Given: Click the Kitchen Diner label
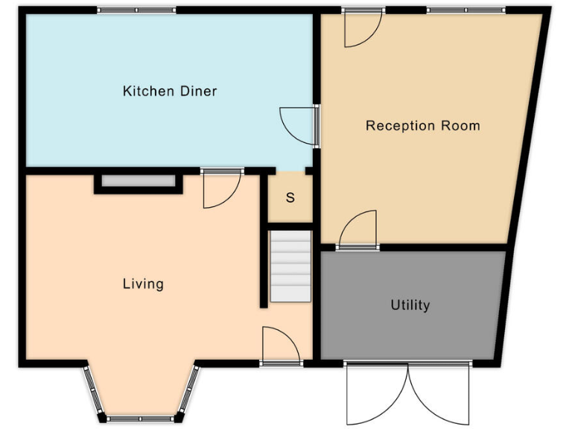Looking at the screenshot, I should tap(170, 92).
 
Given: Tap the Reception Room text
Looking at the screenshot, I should tap(422, 126).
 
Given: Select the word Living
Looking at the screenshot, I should tap(143, 284).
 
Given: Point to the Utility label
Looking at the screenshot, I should tap(410, 305).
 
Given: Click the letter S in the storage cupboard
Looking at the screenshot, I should tap(290, 198).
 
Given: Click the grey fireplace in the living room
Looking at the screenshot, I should tap(138, 180).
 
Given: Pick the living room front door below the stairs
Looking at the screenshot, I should tap(281, 346).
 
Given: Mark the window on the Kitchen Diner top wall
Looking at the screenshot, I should tap(136, 10).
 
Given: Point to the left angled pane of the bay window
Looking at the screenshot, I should tap(91, 391).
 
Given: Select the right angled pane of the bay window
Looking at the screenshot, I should tap(190, 391).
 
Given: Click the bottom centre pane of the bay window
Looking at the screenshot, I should tap(141, 419).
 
